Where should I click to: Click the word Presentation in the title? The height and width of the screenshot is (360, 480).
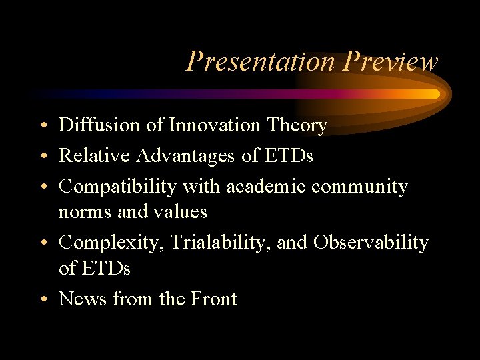click(x=262, y=62)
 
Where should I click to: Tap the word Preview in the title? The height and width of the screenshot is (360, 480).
click(x=391, y=62)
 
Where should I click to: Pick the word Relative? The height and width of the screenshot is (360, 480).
click(x=94, y=155)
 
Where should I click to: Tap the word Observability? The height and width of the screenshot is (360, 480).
click(x=371, y=243)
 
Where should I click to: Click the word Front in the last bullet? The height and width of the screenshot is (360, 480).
click(x=215, y=299)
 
